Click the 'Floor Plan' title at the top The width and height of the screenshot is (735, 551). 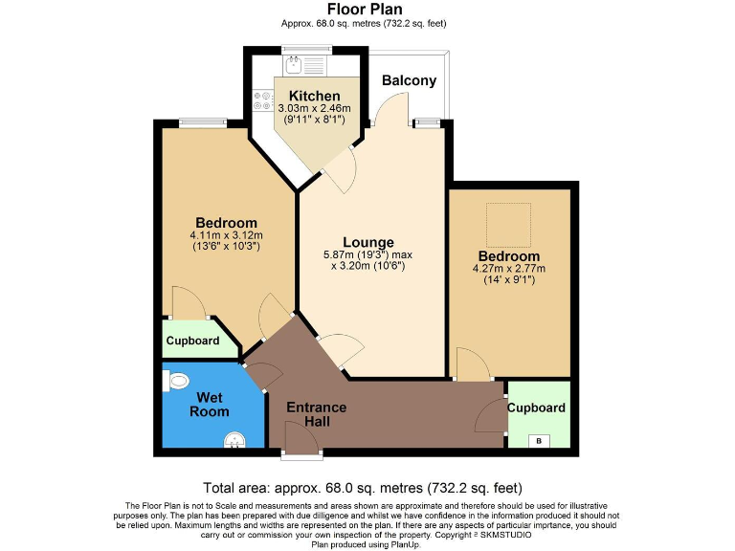366,10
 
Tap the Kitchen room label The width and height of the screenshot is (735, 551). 314,96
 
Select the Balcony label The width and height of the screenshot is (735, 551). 409,80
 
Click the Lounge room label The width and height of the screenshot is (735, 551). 368,242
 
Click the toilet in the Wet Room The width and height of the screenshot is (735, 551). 176,382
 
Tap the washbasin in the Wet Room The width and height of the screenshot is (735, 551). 234,440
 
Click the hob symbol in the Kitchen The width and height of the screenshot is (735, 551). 262,101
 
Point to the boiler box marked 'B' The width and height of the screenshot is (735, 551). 540,440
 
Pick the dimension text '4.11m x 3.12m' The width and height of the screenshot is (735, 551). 226,234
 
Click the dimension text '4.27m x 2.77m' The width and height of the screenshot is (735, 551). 508,269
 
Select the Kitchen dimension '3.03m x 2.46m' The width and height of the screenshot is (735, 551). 314,109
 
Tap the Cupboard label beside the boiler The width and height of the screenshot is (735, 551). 537,408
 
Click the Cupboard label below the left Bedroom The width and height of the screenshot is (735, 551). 192,341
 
